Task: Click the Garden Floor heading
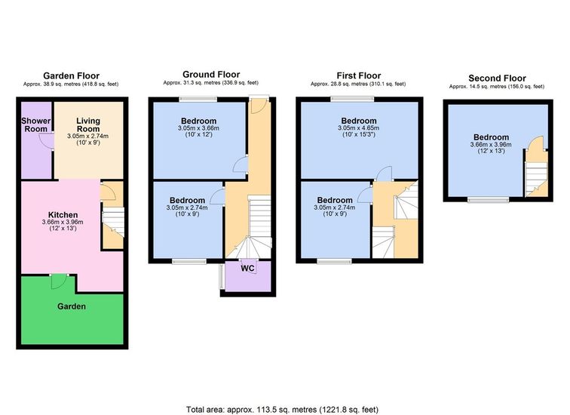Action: (x=71, y=75)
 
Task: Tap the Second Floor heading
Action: (x=497, y=78)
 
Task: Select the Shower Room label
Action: (x=35, y=124)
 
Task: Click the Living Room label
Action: (x=88, y=124)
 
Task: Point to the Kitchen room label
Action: (x=63, y=215)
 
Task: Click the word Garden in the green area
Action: (x=72, y=306)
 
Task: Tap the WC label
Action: (x=247, y=269)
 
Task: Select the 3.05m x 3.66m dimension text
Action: (x=198, y=128)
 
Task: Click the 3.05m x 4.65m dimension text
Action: (x=358, y=128)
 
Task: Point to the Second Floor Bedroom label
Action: (x=491, y=137)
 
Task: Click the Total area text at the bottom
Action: (x=282, y=410)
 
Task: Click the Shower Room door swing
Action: (x=46, y=141)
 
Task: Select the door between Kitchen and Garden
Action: (x=59, y=281)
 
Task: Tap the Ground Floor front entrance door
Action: (x=259, y=106)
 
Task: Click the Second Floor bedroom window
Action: (x=489, y=199)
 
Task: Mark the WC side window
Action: (x=221, y=277)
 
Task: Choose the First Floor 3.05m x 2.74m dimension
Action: (x=335, y=207)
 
